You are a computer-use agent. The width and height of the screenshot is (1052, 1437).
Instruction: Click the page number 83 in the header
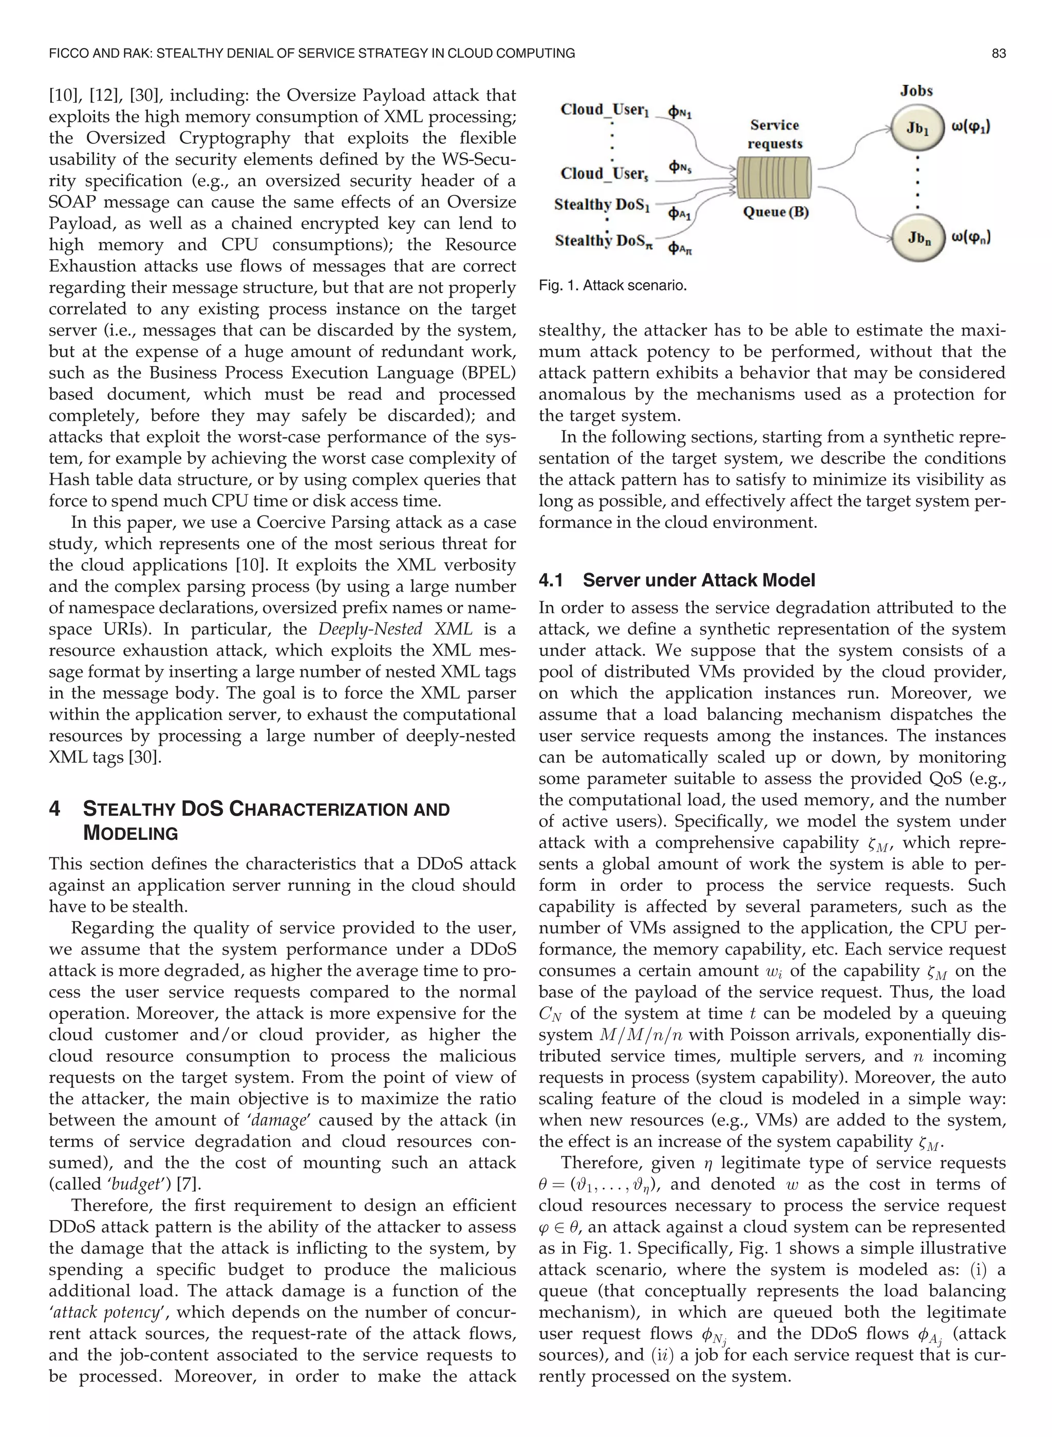[x=999, y=53]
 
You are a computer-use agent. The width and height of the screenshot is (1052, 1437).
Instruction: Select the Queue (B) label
[x=776, y=212]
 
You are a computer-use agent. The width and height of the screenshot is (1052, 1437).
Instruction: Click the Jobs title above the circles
[x=916, y=90]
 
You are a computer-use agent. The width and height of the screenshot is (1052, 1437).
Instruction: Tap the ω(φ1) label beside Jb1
[x=970, y=127]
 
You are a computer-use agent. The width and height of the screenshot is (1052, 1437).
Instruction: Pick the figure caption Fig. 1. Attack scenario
[x=613, y=285]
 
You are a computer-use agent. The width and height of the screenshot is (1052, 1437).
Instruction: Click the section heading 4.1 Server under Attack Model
[x=677, y=580]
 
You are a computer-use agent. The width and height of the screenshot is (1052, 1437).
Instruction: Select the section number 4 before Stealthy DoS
[x=55, y=809]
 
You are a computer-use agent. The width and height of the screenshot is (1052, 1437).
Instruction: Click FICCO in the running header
[x=68, y=53]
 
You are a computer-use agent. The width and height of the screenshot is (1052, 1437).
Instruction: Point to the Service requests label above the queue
[x=774, y=135]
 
